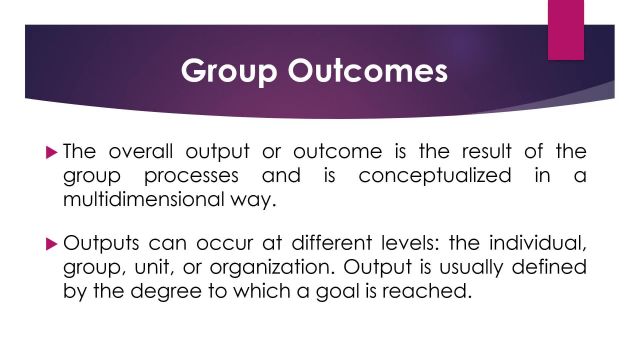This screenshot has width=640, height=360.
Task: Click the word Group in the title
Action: pos(227,72)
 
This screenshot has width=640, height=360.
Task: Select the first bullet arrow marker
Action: pos(53,152)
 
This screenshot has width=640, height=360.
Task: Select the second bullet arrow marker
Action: pos(53,243)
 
